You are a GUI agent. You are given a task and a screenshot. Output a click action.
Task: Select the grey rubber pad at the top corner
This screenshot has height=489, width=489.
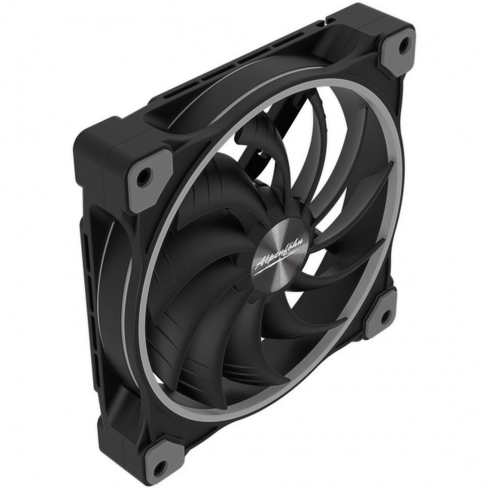[x=396, y=51]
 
